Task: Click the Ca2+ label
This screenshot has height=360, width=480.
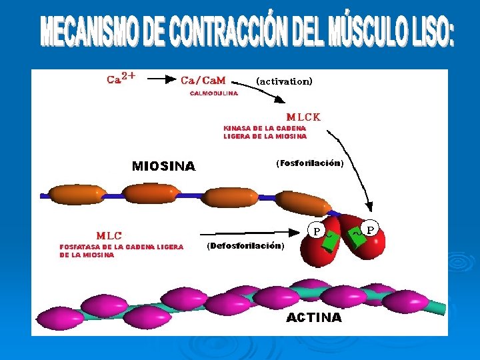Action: click(x=121, y=78)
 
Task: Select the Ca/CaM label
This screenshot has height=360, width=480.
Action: click(x=203, y=80)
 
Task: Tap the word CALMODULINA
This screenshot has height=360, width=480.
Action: click(x=214, y=94)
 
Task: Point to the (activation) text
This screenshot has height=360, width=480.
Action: click(x=284, y=81)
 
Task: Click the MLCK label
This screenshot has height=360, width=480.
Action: click(x=303, y=117)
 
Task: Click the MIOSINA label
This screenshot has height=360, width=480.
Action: click(x=164, y=166)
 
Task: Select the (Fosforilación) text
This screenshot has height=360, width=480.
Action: click(x=309, y=163)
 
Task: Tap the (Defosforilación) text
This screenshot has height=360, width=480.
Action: click(x=246, y=245)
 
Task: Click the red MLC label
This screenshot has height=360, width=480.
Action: click(x=109, y=235)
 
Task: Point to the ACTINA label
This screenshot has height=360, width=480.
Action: click(x=314, y=318)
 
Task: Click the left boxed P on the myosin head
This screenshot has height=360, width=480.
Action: click(x=317, y=231)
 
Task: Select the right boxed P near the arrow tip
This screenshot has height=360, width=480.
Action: click(x=371, y=229)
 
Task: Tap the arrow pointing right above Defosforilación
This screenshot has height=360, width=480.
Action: click(x=249, y=233)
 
